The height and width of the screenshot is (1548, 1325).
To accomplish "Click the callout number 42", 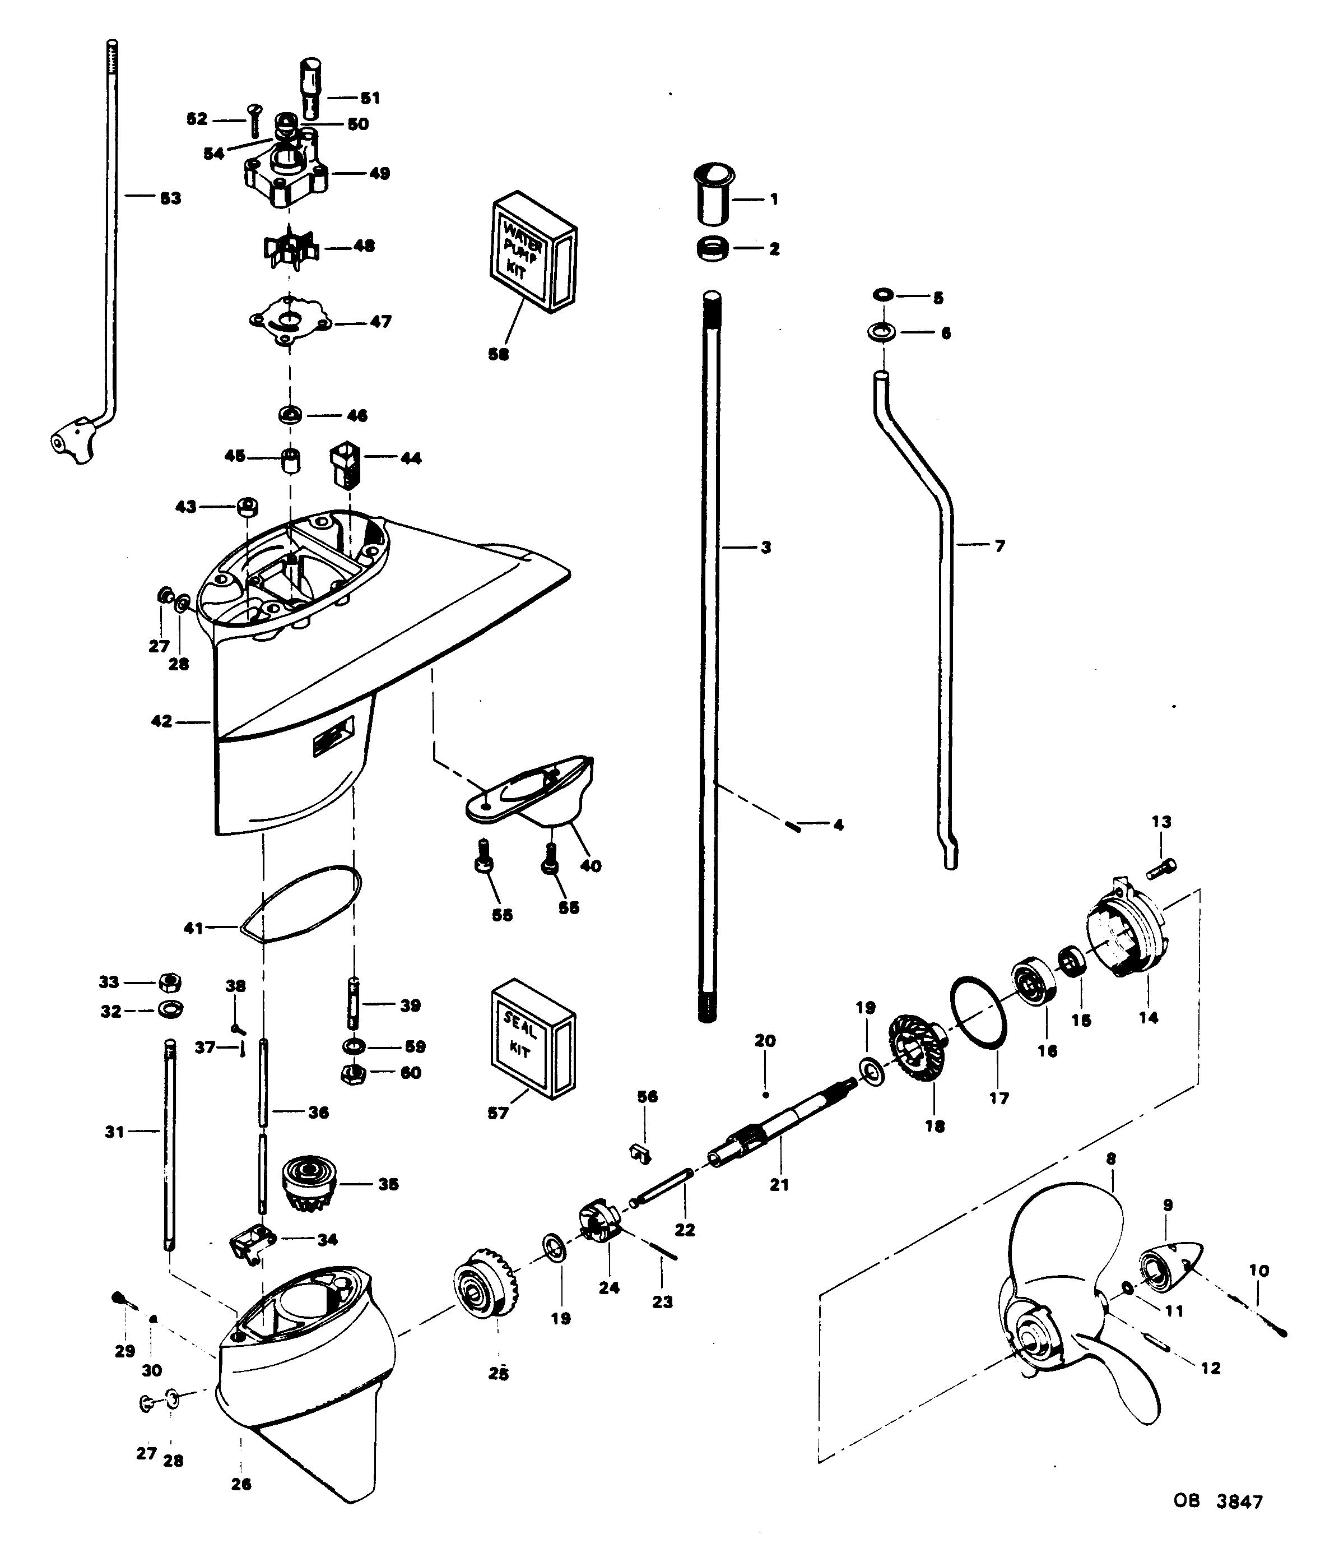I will (x=161, y=722).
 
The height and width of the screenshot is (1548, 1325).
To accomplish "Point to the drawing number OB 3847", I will (x=1217, y=1501).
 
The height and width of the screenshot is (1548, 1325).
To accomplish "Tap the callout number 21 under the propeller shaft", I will (x=779, y=1185).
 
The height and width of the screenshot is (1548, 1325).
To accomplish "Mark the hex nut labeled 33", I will (x=171, y=982).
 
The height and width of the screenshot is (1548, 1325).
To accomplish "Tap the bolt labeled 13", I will (x=1162, y=868).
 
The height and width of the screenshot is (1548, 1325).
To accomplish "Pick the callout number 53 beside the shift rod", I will (x=171, y=199).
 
